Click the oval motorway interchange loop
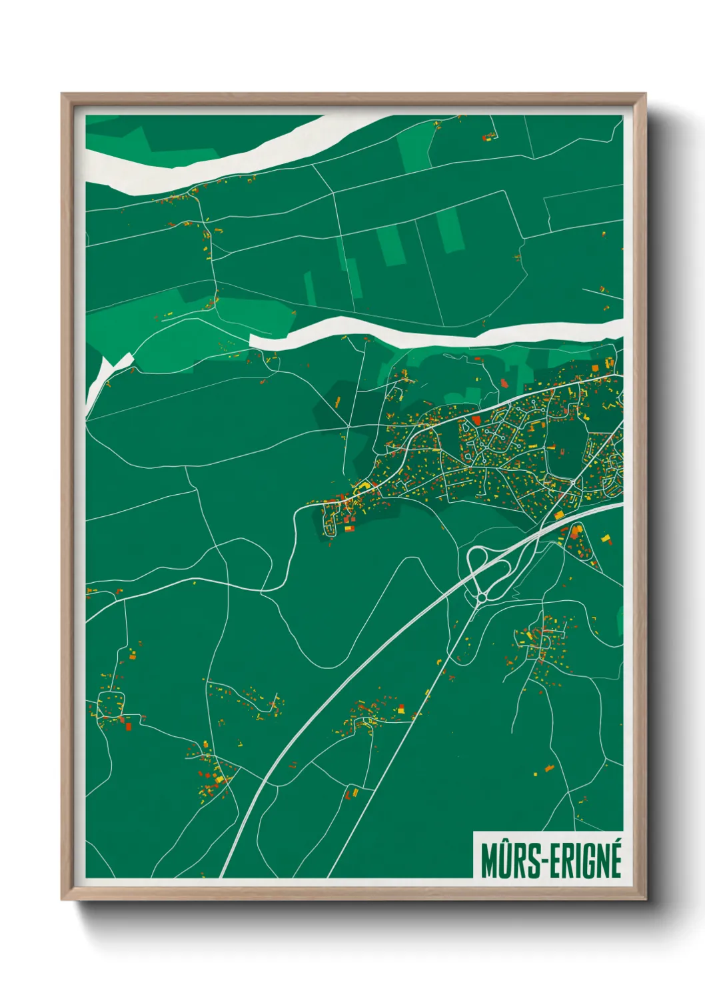click(x=489, y=572)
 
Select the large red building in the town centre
click(x=476, y=420)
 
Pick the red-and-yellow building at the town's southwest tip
click(x=348, y=528)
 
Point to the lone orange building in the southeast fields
click(x=549, y=769)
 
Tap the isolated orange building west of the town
click(x=338, y=401)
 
